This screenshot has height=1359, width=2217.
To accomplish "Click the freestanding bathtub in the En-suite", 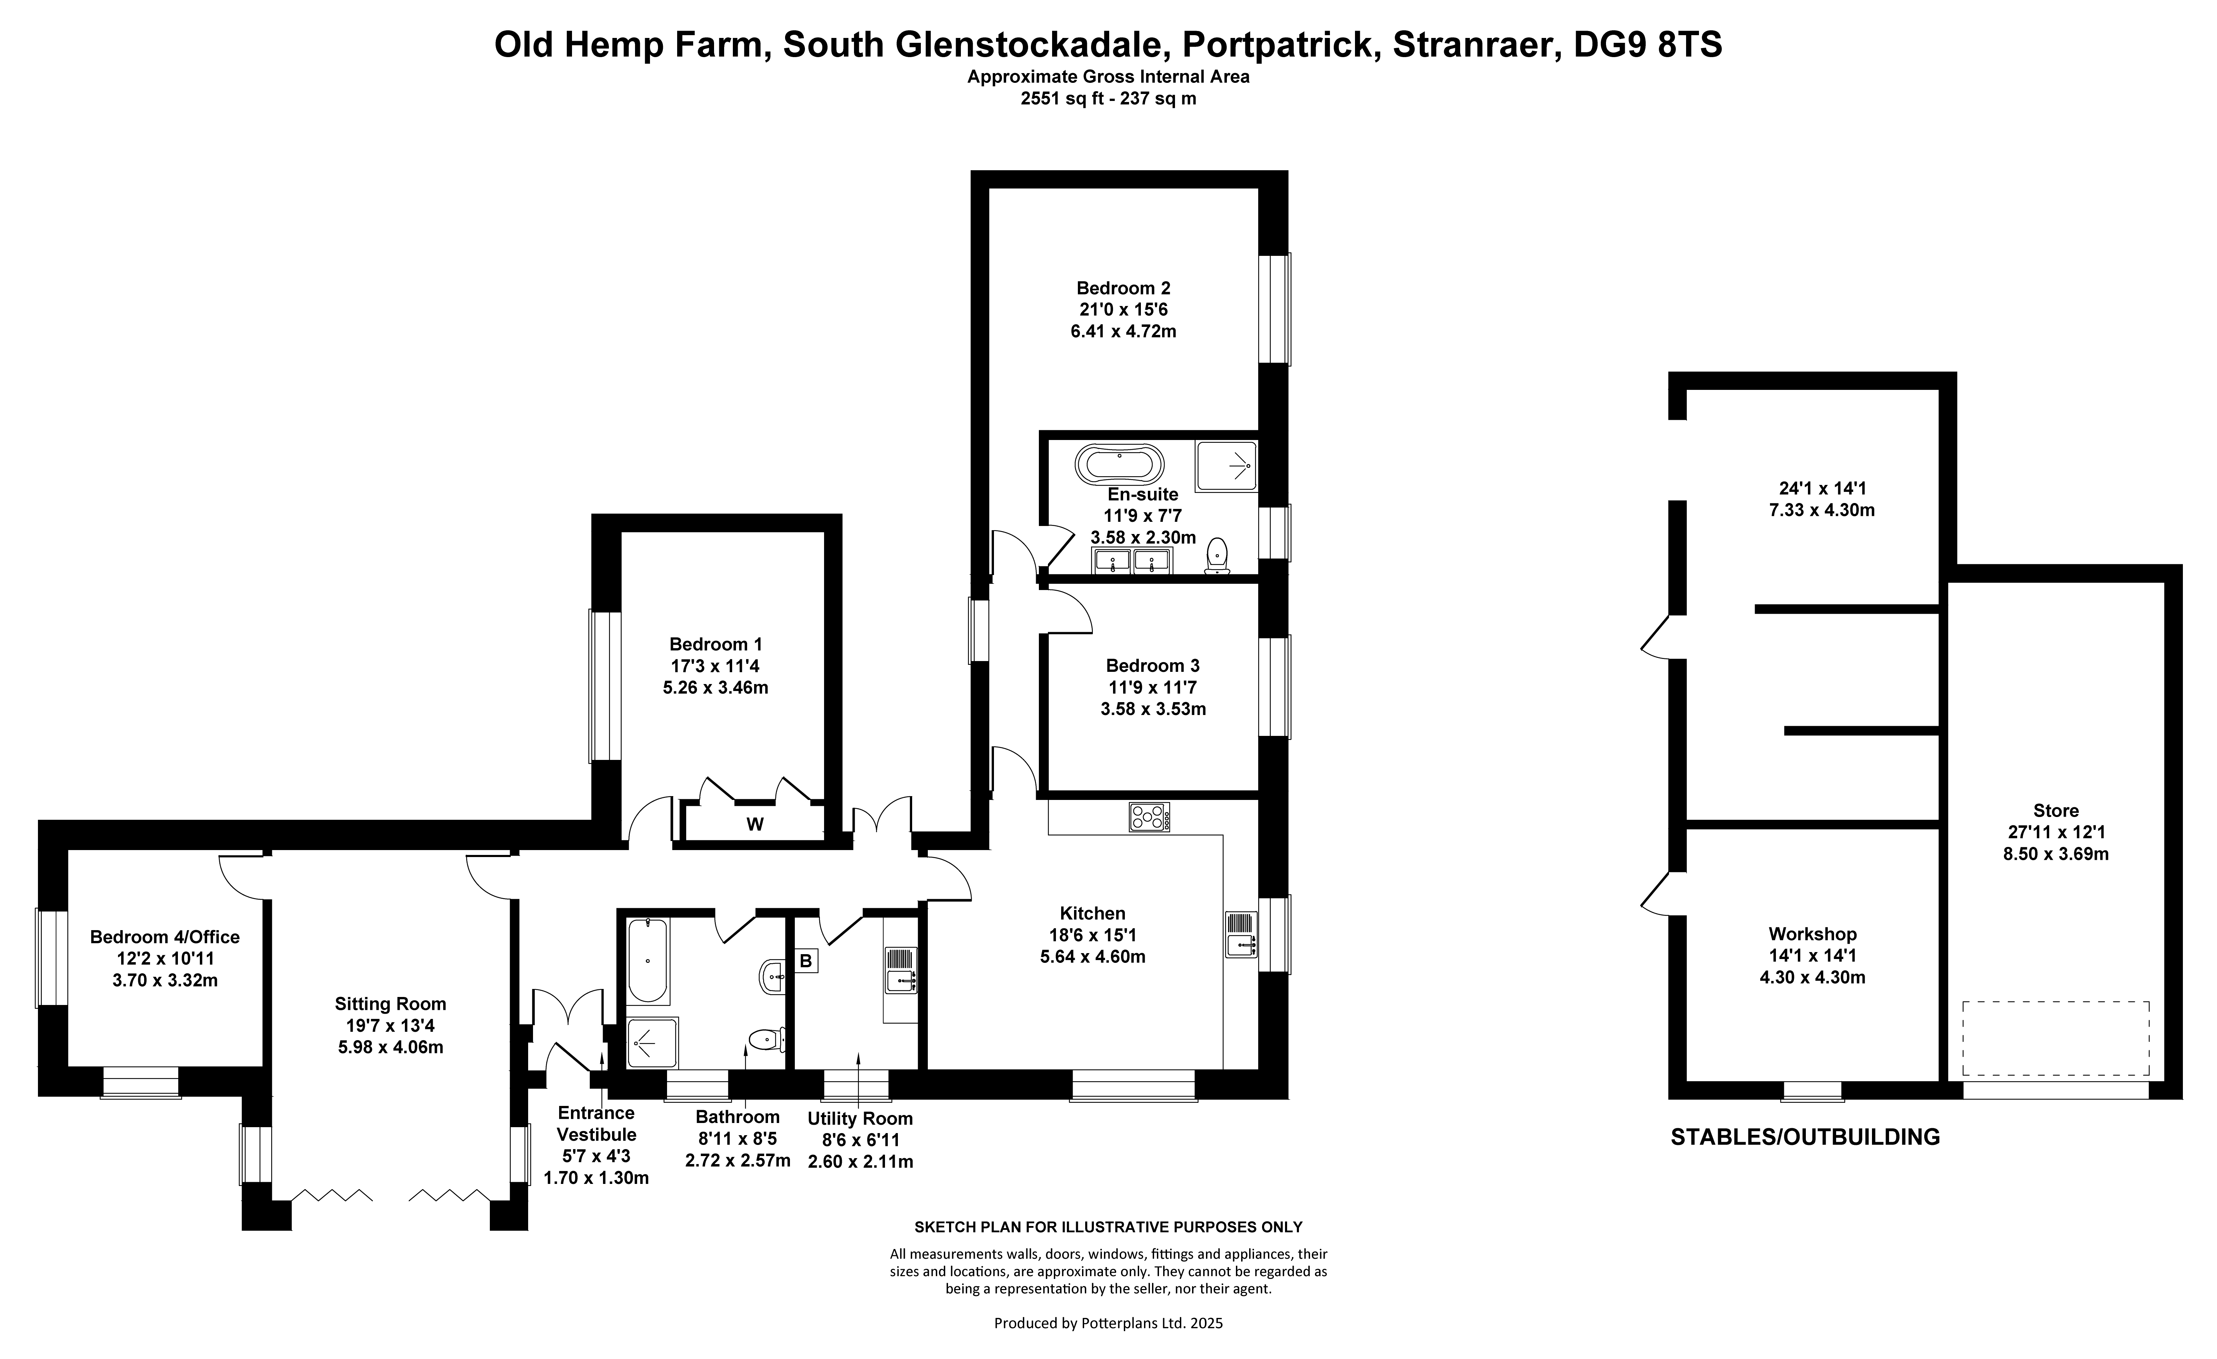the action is point(1118,466).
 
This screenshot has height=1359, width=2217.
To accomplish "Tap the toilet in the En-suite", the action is point(1218,555).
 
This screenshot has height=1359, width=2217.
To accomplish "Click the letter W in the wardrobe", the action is point(755,824).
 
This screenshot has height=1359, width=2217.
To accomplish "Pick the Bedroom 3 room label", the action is point(1153,666).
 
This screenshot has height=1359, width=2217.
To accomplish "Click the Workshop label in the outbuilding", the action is point(1812,934).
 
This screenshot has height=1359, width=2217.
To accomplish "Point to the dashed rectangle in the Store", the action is point(2056,1038).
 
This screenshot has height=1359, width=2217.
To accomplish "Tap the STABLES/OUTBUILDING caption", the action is point(1805,1137).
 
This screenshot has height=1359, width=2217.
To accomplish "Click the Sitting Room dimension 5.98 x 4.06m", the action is point(391,1047).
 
